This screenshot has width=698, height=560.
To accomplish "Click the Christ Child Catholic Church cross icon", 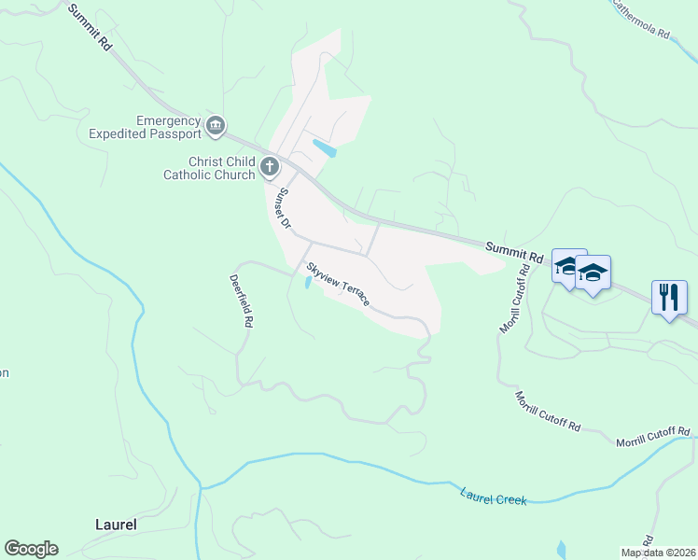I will pyautogui.click(x=270, y=168).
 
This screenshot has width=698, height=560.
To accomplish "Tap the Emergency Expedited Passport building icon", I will pyautogui.click(x=216, y=125).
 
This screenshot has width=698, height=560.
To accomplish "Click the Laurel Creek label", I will pyautogui.click(x=494, y=496).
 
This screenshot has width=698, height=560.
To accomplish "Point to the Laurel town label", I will pyautogui.click(x=116, y=525).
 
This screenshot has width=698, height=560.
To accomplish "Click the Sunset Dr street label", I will pyautogui.click(x=282, y=209).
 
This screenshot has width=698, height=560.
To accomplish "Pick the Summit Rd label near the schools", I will pyautogui.click(x=513, y=251).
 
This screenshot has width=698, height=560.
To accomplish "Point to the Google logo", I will pyautogui.click(x=31, y=549).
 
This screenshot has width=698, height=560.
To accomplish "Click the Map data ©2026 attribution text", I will pyautogui.click(x=658, y=553).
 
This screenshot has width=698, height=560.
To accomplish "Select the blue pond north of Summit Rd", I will pyautogui.click(x=325, y=147).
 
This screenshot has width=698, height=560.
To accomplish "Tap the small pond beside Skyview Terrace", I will pyautogui.click(x=308, y=283).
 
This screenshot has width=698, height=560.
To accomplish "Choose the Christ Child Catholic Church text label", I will pyautogui.click(x=209, y=168).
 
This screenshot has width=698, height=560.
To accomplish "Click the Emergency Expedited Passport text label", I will pyautogui.click(x=145, y=127).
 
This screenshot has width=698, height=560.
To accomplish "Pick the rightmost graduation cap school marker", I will pyautogui.click(x=593, y=273).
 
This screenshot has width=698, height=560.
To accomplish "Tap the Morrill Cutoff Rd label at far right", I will pyautogui.click(x=652, y=435).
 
